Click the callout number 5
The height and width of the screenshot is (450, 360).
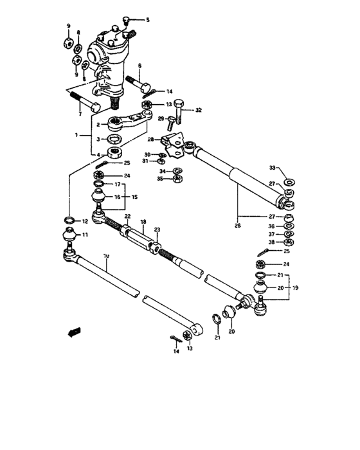[x=147, y=20]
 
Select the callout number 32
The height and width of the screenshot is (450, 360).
[x=199, y=111]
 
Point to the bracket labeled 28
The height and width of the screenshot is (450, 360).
[x=174, y=141]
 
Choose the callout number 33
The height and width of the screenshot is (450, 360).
[x=272, y=168]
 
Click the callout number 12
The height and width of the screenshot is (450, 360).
[x=84, y=221]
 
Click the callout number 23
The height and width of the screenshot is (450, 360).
[x=156, y=230]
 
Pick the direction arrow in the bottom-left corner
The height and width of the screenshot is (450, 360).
[x=75, y=332]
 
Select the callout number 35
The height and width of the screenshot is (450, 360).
[x=159, y=179]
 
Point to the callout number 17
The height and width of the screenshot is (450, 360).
[x=118, y=184]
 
